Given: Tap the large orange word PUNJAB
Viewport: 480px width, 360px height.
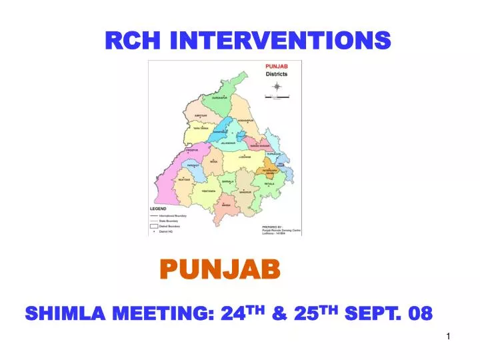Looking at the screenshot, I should [223, 270].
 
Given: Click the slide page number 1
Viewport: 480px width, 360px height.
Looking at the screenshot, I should [449, 337].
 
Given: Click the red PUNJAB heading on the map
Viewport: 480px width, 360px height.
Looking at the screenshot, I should [277, 67].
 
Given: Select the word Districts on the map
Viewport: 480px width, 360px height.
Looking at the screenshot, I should [277, 74].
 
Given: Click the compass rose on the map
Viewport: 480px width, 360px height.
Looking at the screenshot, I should [276, 88].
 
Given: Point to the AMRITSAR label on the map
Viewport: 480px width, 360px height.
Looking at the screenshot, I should [199, 115].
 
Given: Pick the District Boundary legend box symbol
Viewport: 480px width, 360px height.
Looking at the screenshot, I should [153, 226].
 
